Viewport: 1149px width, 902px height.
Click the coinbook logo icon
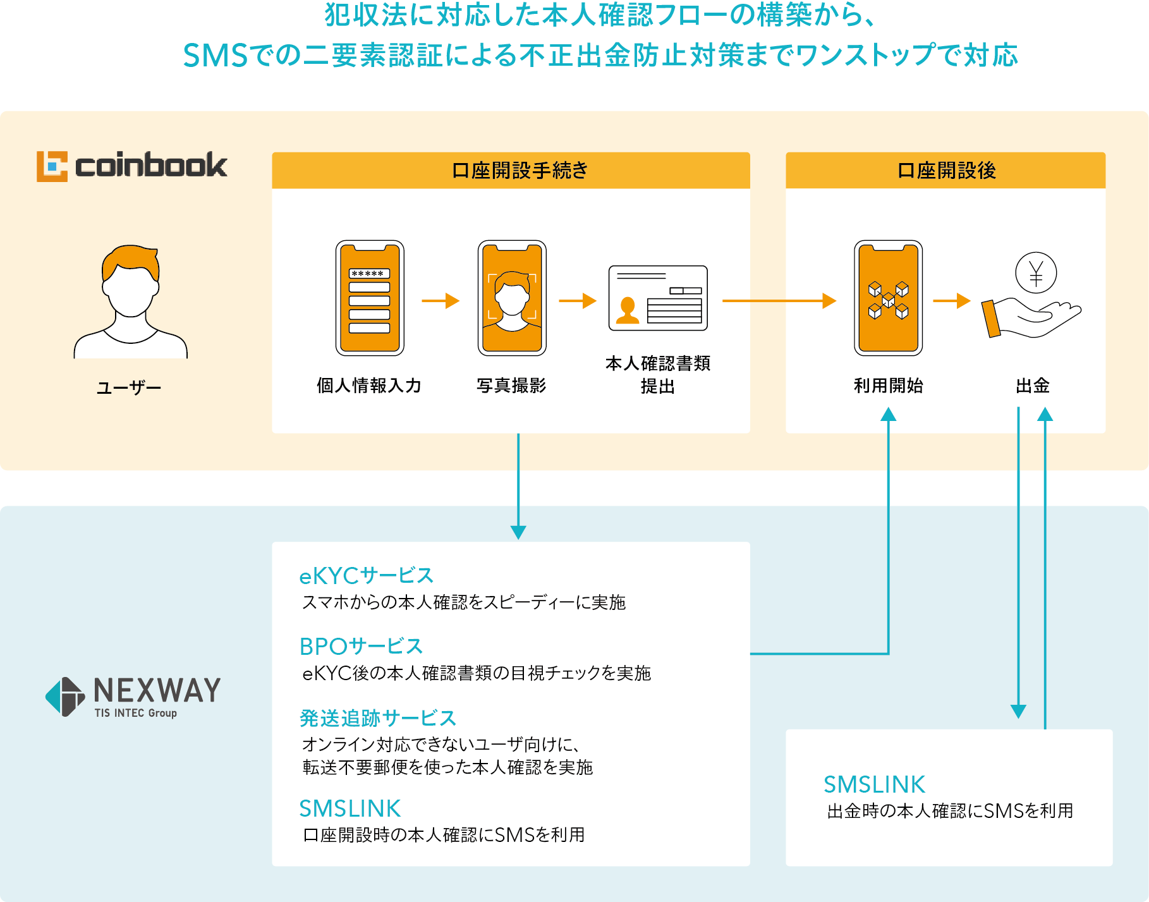coord(52,166)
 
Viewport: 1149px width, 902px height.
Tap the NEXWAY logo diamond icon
coord(65,697)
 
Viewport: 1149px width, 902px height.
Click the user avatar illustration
coord(131,302)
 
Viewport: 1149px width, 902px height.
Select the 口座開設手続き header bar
coord(511,170)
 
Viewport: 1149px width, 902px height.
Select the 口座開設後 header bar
coord(945,170)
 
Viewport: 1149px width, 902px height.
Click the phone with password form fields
coord(370,298)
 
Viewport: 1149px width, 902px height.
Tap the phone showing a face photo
coord(512,298)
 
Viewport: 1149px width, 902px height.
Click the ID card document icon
coord(658,298)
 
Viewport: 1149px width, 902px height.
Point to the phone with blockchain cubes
coord(888,298)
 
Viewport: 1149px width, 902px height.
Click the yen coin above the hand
coord(1036,272)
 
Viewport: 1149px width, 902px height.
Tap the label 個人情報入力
coord(369,386)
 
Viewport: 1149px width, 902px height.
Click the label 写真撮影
coord(511,386)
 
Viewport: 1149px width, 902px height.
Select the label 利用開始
coord(889,386)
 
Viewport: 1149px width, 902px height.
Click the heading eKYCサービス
coord(366,576)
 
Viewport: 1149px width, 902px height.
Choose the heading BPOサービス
coord(361,647)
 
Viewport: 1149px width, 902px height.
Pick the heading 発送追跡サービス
coord(377,718)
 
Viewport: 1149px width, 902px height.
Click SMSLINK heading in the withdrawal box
coord(874,784)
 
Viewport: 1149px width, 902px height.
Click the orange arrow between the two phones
coord(441,301)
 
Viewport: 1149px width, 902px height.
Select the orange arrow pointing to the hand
coord(952,301)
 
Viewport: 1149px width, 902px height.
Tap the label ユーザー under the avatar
coord(129,387)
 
